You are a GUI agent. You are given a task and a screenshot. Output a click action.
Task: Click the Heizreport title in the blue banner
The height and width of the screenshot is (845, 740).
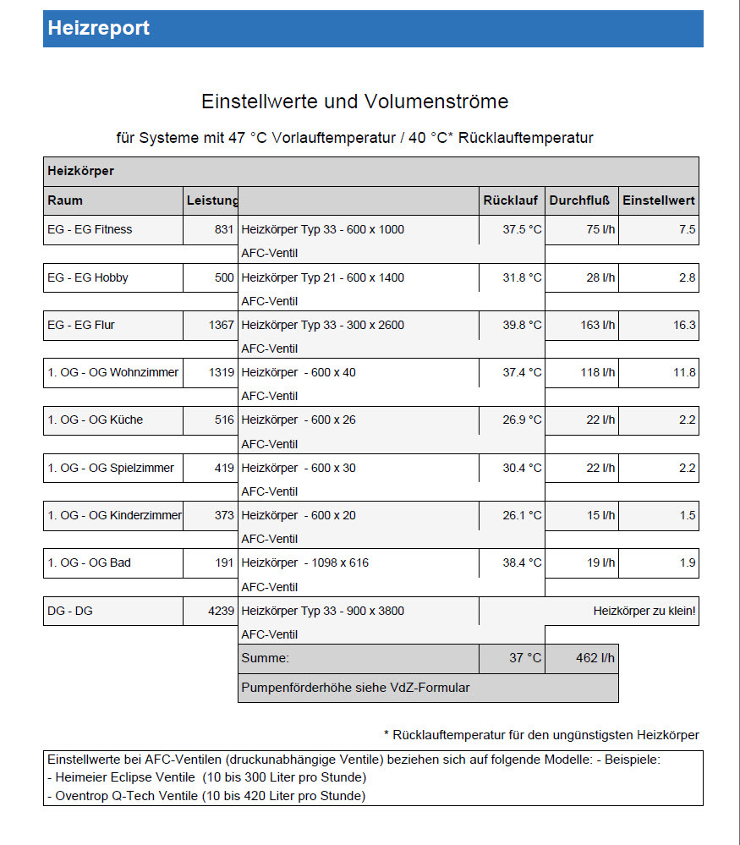[98, 28]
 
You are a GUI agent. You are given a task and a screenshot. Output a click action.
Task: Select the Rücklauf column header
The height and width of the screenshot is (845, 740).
[511, 200]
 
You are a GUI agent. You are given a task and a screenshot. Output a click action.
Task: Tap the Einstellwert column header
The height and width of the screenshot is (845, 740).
[659, 200]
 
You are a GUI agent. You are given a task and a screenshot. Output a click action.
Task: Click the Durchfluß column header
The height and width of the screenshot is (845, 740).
[579, 200]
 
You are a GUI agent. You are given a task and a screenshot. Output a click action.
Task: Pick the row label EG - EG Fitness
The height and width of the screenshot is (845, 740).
[90, 229]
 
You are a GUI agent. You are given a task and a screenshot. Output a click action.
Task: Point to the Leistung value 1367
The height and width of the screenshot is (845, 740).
[222, 325]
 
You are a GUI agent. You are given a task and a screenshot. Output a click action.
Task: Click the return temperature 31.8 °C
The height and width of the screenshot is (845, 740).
[521, 277]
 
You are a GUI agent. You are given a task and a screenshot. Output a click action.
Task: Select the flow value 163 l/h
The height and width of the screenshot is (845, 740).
[598, 325]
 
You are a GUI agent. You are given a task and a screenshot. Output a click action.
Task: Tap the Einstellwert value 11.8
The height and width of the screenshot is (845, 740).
[684, 372]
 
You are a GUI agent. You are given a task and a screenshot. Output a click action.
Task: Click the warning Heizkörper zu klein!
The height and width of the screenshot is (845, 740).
[644, 611]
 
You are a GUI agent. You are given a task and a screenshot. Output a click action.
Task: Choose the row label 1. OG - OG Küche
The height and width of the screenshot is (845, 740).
[95, 420]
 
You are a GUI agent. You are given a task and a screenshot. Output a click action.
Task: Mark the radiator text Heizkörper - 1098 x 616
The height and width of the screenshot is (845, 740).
[304, 562]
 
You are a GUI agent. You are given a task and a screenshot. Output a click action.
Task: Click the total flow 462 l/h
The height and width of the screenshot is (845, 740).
[595, 658]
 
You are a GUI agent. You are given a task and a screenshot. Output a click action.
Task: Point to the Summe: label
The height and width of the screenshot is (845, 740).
[265, 658]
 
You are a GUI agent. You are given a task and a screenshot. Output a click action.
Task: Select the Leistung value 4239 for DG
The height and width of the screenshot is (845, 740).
[222, 611]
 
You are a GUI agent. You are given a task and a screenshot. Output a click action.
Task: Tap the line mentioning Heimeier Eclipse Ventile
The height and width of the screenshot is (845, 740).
[206, 777]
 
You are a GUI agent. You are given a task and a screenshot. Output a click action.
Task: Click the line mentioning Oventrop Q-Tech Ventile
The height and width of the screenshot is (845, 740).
[206, 796]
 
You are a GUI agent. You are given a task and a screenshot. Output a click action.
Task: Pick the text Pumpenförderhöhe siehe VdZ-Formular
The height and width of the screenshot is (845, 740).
[355, 688]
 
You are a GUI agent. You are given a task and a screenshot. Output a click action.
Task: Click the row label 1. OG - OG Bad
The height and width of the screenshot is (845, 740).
[89, 562]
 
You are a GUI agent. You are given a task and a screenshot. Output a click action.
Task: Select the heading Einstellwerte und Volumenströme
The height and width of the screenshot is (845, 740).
[355, 102]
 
